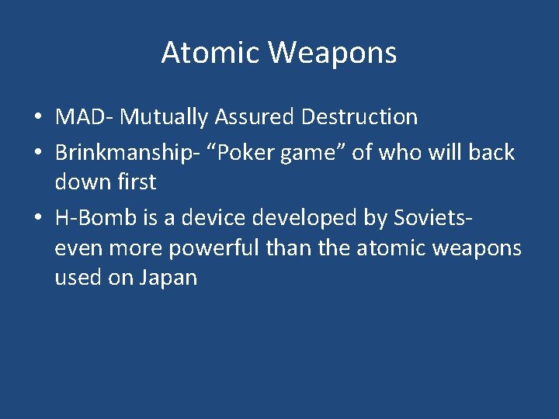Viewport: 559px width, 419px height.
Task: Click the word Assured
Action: click(255, 117)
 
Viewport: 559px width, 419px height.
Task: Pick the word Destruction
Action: click(359, 117)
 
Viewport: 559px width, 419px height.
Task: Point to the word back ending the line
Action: click(491, 152)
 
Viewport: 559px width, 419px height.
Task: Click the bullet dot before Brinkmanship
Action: click(37, 154)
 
